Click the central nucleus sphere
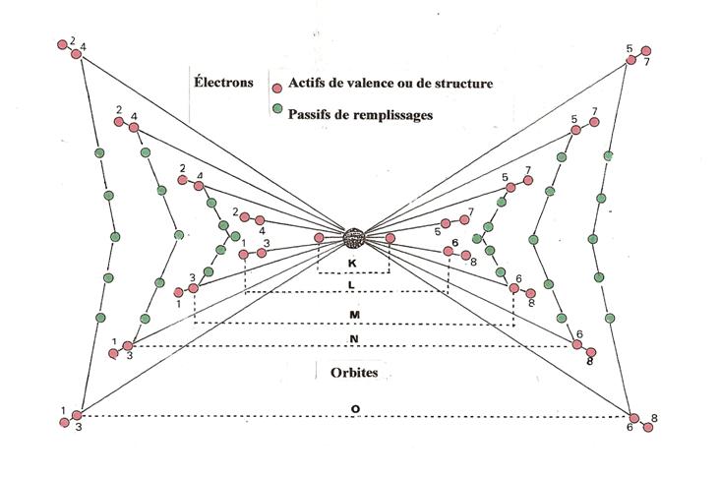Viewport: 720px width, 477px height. point(354,238)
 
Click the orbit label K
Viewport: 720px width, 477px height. point(352,264)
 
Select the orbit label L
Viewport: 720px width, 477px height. point(352,285)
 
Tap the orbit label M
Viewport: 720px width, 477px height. point(354,315)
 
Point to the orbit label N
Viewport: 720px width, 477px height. point(354,339)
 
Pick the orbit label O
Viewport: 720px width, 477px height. point(355,408)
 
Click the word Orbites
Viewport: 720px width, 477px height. point(354,373)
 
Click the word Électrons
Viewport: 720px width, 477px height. point(223,83)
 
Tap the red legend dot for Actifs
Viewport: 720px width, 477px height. point(277,88)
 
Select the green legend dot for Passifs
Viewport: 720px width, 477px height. point(277,108)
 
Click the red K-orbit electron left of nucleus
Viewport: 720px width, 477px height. point(319,237)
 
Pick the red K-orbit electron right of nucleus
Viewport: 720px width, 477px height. point(390,238)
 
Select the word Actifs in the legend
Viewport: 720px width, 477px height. point(305,83)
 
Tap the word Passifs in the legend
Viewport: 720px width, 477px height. point(308,114)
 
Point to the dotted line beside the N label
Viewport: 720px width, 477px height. point(352,346)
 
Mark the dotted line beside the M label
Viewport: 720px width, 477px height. point(354,324)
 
